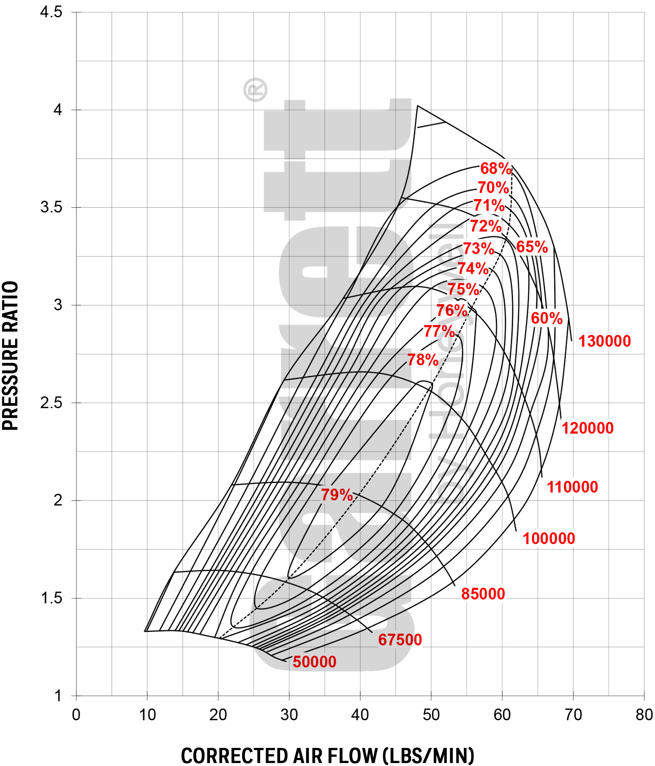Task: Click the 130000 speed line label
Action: click(604, 341)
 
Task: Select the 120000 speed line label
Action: click(587, 428)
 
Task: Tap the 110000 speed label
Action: click(572, 487)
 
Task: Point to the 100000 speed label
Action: click(549, 539)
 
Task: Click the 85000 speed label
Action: click(483, 594)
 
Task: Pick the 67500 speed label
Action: click(400, 640)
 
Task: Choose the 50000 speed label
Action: click(314, 662)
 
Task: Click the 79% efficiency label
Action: click(337, 495)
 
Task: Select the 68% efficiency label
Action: click(496, 169)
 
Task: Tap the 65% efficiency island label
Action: click(532, 247)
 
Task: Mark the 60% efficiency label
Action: click(547, 318)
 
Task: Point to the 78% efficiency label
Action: click(423, 360)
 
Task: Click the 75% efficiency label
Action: click(463, 289)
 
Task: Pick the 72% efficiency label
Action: click(486, 226)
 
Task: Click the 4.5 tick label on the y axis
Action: click(51, 12)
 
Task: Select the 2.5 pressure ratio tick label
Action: click(51, 403)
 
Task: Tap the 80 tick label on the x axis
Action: click(644, 715)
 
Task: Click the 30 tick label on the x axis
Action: click(289, 715)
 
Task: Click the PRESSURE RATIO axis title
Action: click(10, 355)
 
